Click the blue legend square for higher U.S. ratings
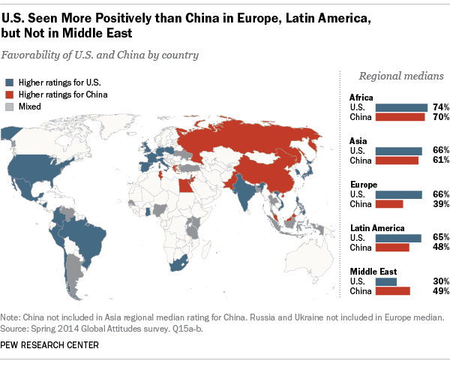click(x=9, y=82)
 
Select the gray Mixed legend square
click(x=9, y=107)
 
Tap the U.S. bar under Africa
click(x=400, y=107)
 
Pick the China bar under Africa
click(x=399, y=117)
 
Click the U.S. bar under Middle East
click(x=385, y=281)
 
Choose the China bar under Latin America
click(x=391, y=247)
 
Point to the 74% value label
click(x=440, y=107)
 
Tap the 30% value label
click(x=440, y=281)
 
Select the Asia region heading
click(x=358, y=140)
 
